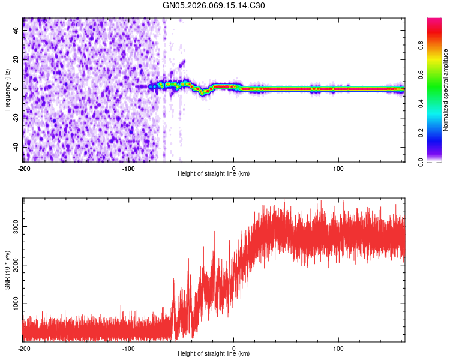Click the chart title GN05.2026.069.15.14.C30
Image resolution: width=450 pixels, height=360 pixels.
(x=214, y=5)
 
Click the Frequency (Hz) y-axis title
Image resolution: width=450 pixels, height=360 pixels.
(x=7, y=90)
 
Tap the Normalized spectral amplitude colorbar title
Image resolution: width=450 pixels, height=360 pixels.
(x=446, y=90)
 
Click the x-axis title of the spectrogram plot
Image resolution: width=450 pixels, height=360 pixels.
(x=214, y=173)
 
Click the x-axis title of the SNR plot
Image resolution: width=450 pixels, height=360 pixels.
(x=214, y=353)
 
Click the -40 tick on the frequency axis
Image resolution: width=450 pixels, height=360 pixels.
(x=14, y=146)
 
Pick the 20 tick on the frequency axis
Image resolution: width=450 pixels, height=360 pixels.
(x=16, y=59)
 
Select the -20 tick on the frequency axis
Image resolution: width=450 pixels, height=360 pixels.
(x=14, y=118)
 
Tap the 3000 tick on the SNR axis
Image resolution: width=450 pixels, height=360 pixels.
(x=13, y=226)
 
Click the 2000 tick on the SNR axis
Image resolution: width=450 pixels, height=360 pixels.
(x=13, y=265)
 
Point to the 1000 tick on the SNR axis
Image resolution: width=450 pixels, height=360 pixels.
(x=13, y=304)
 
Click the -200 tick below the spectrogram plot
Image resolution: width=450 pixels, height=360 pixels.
(x=23, y=168)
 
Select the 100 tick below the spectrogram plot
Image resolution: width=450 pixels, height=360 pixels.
(x=338, y=168)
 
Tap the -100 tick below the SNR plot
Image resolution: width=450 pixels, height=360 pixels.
(x=128, y=348)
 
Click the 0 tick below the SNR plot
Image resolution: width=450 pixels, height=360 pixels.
(x=234, y=348)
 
